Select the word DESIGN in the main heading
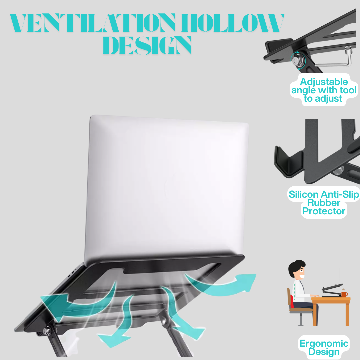tap(147, 45)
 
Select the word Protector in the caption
tap(323, 211)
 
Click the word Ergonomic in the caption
tap(324, 344)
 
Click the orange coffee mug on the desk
tap(344, 294)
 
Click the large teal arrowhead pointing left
tap(50, 303)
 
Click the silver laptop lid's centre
tap(167, 187)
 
